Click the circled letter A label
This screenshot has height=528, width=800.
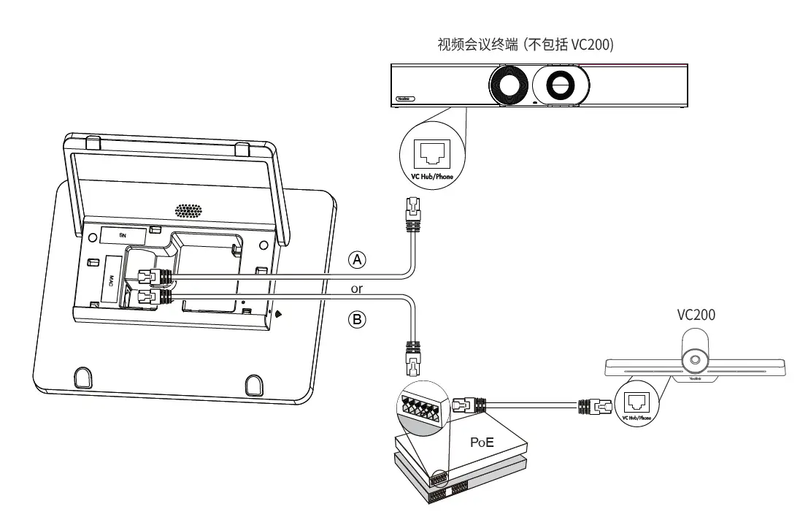(x=357, y=259)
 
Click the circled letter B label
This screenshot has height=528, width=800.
(x=357, y=319)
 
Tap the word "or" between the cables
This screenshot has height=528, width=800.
(x=357, y=289)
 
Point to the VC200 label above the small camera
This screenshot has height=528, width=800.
(x=696, y=315)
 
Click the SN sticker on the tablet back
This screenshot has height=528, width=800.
(x=122, y=235)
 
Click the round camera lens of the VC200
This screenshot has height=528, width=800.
(x=696, y=360)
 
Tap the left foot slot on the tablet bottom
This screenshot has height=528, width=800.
(x=82, y=378)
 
